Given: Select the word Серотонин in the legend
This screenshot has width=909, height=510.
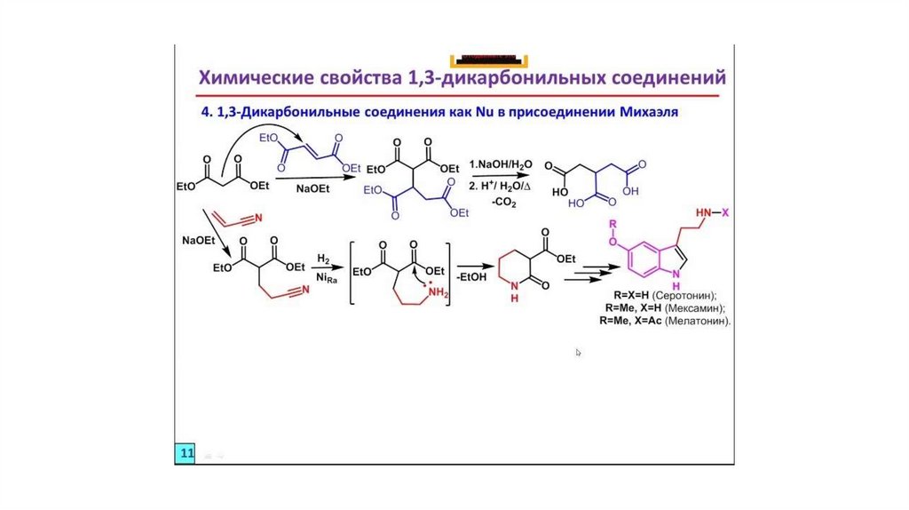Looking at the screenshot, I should (684, 294).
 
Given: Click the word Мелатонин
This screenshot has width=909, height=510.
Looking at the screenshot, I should (697, 320).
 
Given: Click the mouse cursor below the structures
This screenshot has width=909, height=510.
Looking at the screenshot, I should (579, 353).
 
